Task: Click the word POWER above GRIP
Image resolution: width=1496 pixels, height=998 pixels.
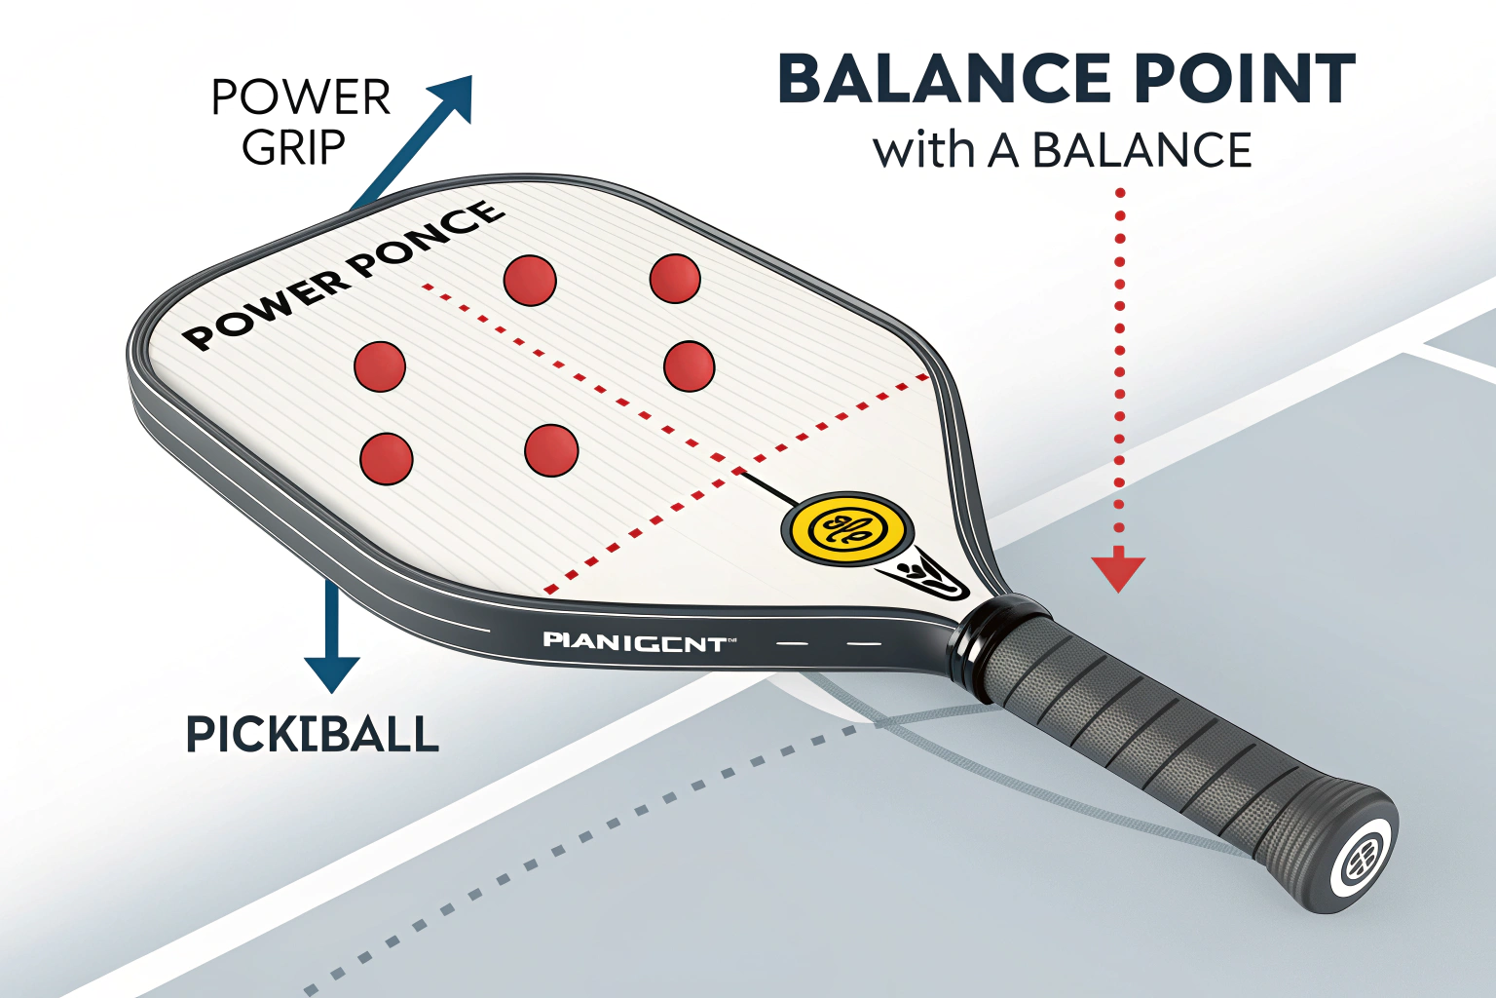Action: tap(301, 97)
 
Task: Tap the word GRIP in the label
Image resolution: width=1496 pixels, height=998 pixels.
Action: tap(293, 148)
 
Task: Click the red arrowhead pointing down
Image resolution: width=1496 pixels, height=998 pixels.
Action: tap(1118, 572)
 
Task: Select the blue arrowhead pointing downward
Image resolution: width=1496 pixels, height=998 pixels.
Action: tap(332, 672)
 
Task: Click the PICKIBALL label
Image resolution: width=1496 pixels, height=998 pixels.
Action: tap(313, 734)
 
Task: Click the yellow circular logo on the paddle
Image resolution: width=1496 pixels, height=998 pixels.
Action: tap(847, 529)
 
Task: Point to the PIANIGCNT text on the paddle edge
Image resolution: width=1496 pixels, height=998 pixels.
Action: tap(635, 641)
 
